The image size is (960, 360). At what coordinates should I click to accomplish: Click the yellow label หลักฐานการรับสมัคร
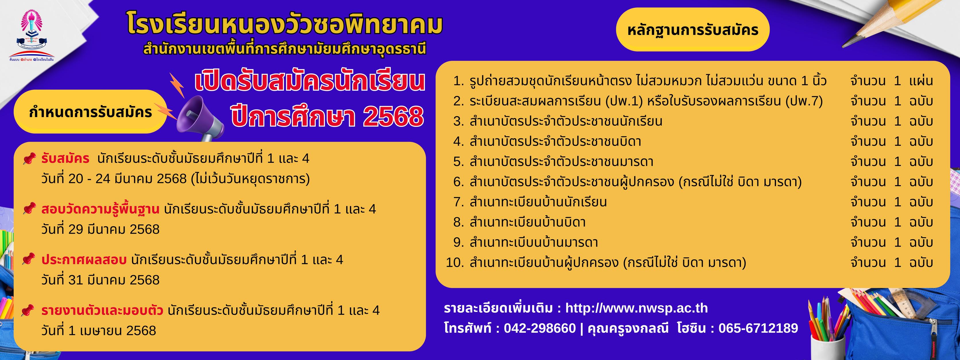(x=693, y=30)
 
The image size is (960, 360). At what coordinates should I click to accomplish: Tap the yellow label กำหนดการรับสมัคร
(x=90, y=112)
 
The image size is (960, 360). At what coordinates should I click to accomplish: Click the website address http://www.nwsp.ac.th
(x=636, y=308)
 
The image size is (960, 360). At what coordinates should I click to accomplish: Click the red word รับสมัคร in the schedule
(x=65, y=159)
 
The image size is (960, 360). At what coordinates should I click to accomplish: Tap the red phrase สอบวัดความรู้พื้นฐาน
(x=100, y=209)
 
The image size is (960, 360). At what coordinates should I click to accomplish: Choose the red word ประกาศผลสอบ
(x=84, y=260)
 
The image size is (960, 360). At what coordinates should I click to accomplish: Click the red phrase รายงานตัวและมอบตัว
(x=102, y=310)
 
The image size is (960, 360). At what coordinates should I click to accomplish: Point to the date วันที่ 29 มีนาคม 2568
(x=100, y=229)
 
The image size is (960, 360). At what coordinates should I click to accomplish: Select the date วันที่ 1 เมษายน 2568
(x=99, y=330)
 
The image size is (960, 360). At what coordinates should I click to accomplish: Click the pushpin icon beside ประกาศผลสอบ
(x=29, y=259)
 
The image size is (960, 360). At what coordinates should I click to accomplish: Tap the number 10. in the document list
(x=455, y=263)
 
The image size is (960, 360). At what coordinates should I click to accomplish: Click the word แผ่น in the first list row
(x=921, y=81)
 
